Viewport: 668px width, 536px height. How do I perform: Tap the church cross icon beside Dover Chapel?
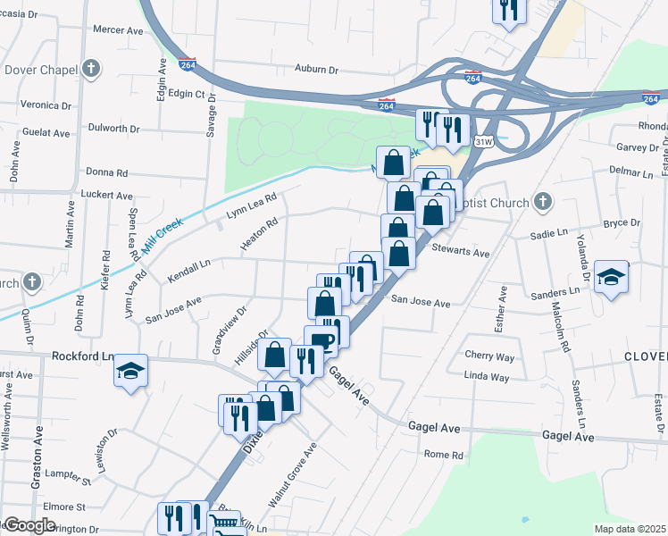[90, 68]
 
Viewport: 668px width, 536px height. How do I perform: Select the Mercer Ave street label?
[118, 29]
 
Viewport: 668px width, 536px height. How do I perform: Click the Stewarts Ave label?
[460, 253]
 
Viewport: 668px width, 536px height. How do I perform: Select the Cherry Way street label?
[489, 356]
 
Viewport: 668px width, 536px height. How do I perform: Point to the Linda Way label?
[487, 378]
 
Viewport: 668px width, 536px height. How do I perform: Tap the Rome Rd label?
[444, 455]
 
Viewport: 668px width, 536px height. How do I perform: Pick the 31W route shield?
[484, 141]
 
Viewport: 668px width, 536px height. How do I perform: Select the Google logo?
[29, 525]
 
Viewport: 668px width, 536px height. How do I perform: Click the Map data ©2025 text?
[630, 529]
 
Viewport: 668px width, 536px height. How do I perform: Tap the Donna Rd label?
[107, 172]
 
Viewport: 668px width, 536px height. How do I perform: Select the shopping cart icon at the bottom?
[226, 524]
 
